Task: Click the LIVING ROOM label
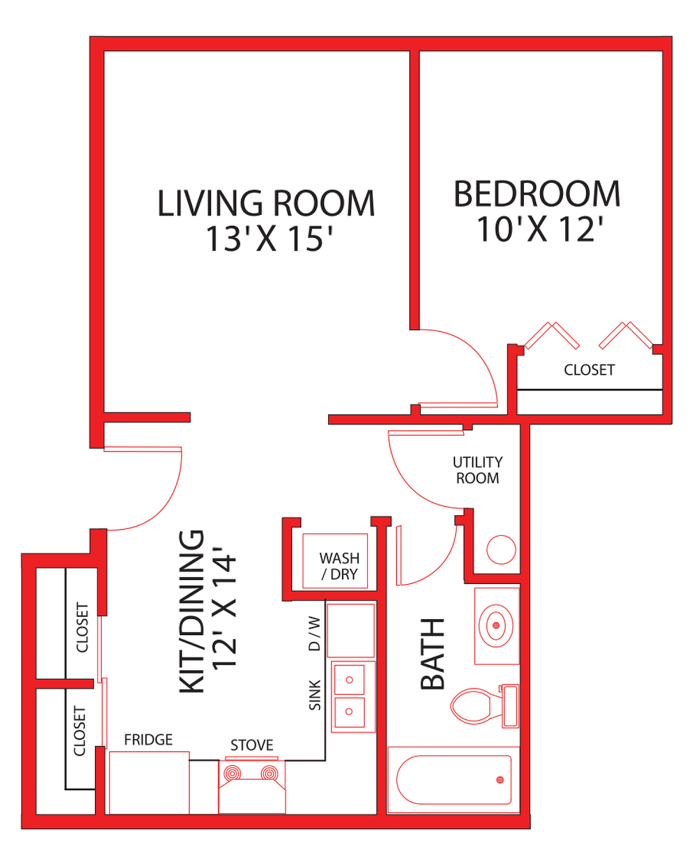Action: point(266,203)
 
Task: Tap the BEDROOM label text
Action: point(537,194)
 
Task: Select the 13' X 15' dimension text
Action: point(269,239)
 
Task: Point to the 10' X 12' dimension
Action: point(540,229)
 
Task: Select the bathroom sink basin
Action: point(496,625)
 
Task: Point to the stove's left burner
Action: point(232,773)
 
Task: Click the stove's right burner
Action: point(269,773)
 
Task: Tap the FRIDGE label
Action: point(148,739)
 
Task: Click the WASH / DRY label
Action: point(339,566)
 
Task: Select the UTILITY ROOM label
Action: point(477,470)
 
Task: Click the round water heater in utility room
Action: point(501,549)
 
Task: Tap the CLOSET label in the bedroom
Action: point(589,370)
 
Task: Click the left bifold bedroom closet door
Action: point(552,336)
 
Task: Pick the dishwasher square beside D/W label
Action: point(351,630)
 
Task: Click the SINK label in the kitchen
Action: point(315,695)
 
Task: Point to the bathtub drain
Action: point(500,779)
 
